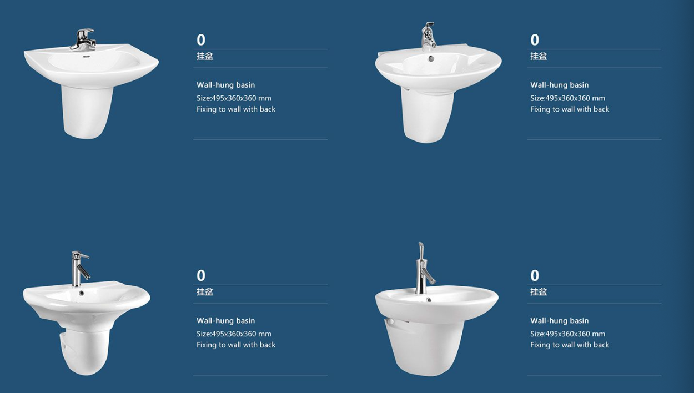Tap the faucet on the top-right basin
pos(429,37)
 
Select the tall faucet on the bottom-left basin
pos(79,269)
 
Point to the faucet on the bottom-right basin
pos(423,269)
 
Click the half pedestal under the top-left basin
pos(87,112)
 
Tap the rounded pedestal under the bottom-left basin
pos(84,351)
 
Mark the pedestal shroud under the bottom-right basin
pos(425,347)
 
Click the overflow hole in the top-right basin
pos(431,58)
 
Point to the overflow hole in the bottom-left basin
pos(82,293)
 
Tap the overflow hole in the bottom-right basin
pos(429,300)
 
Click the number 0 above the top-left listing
pos(201,40)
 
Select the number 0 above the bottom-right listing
pos(535,276)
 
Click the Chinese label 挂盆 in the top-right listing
pos(539,56)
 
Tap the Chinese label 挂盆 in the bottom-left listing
pos(205,292)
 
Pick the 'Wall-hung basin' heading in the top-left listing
pos(225,85)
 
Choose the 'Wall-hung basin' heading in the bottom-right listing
pos(559,321)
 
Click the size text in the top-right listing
pos(567,98)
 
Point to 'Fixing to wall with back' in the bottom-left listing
pos(236,345)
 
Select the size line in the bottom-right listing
pos(567,334)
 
